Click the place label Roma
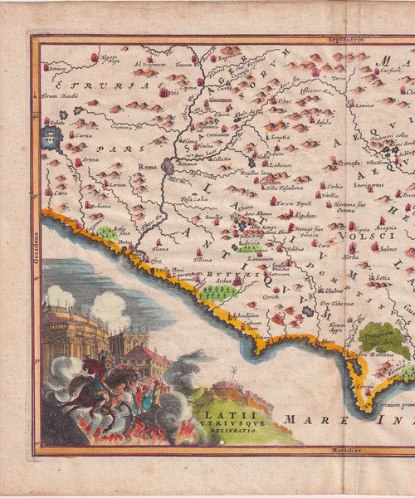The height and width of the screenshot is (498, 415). [147, 167]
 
